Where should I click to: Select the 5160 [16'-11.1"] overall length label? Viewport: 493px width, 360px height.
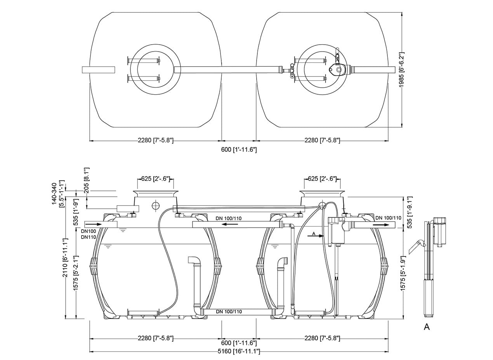coord(239,351)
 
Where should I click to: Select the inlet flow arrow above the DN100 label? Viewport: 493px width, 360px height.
coord(93,224)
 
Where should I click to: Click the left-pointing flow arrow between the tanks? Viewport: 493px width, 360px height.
coord(230,224)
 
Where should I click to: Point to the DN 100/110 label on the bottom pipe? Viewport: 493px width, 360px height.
coord(229,312)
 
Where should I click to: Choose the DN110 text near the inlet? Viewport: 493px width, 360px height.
coord(89,237)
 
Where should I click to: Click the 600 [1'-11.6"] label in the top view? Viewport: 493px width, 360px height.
coord(239,150)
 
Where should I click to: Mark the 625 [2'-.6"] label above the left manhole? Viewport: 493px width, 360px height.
coord(156,179)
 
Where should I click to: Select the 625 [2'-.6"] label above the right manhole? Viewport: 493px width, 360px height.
coord(322,179)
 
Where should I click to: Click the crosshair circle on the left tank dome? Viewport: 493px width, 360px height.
coord(156,206)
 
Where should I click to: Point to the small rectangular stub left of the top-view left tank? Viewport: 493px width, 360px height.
coord(99,70)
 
